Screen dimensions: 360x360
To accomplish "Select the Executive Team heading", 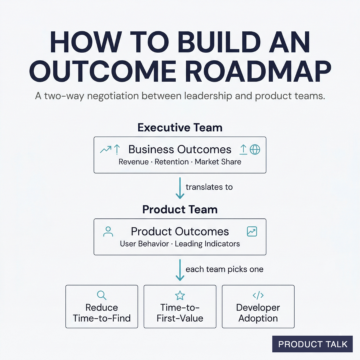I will (180, 128).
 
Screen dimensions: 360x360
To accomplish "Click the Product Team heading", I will (180, 210).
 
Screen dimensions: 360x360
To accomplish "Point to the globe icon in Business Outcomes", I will (255, 150).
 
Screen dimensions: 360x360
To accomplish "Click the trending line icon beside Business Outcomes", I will (106, 150).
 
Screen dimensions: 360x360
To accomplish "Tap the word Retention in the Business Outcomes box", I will (172, 162).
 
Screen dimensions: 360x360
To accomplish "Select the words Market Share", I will (218, 162).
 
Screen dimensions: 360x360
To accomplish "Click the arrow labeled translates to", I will (180, 188).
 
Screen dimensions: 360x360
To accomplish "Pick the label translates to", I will (209, 187).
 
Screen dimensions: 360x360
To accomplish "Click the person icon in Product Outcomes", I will (108, 232).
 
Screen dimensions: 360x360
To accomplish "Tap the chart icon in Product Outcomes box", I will (252, 232).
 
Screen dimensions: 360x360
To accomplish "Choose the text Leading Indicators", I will (207, 244).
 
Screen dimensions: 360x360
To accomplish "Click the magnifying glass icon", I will (101, 295).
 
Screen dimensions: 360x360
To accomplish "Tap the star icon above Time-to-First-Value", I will (180, 295).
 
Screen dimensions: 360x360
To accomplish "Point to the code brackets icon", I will (258, 295).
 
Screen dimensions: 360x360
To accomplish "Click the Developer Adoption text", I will (258, 313).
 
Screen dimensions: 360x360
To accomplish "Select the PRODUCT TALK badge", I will (312, 344).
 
